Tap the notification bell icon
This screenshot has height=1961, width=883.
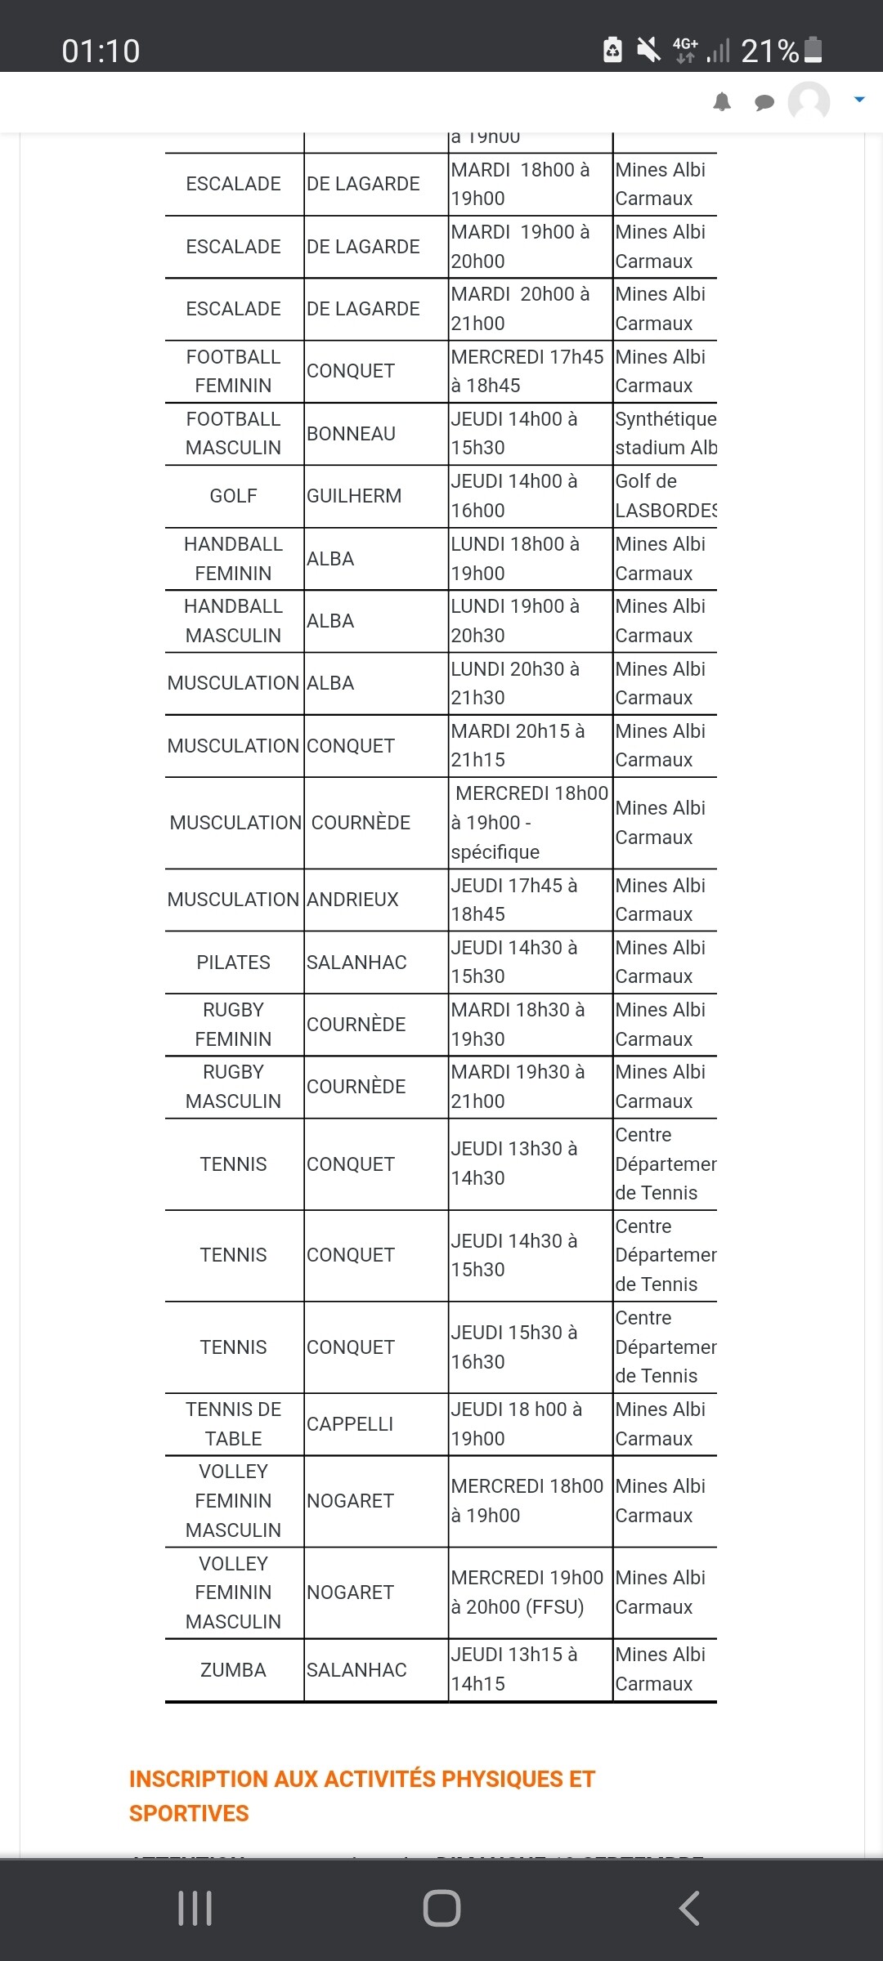click(722, 102)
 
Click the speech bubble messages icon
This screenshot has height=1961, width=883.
click(764, 102)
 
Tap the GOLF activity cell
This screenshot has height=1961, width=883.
click(233, 496)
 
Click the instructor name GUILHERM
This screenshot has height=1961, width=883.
click(354, 496)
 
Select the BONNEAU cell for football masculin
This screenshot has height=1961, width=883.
click(351, 434)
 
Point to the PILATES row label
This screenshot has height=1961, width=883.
click(233, 963)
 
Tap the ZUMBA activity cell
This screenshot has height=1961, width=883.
click(233, 1670)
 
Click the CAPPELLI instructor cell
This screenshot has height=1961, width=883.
click(350, 1424)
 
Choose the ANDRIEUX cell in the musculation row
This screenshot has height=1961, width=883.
click(352, 900)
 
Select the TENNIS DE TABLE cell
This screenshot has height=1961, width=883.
click(233, 1424)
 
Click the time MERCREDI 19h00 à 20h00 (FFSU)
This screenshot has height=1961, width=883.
click(527, 1592)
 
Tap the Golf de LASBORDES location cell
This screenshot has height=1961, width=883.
click(665, 496)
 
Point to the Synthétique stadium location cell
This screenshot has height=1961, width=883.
click(665, 434)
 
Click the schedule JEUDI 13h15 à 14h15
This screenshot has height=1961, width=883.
click(513, 1669)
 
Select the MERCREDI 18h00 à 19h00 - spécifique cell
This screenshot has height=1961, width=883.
click(529, 823)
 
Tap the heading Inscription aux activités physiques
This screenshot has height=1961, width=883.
click(362, 1796)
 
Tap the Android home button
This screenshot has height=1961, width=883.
click(441, 1909)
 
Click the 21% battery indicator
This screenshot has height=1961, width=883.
click(781, 51)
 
